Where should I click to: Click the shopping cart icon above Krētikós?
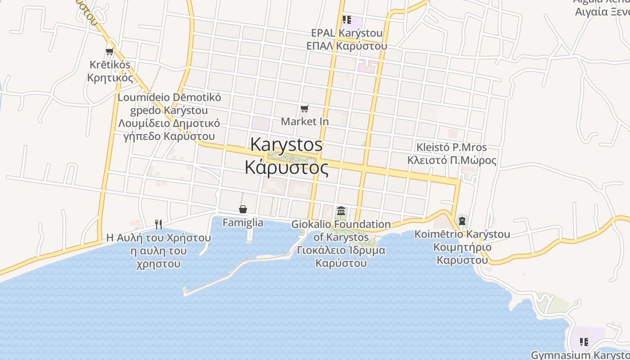(x=109, y=51)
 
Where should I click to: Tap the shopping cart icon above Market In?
(x=305, y=108)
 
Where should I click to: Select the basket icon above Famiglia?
(x=243, y=209)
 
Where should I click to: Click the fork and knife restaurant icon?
(x=158, y=224)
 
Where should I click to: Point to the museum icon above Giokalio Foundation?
(x=341, y=211)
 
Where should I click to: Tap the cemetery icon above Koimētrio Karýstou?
(x=462, y=221)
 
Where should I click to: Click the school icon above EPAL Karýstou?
(x=346, y=19)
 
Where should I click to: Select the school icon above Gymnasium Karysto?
(x=584, y=342)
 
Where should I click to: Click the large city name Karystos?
(x=286, y=144)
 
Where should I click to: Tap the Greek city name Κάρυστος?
(x=286, y=167)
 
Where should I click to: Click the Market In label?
(x=305, y=121)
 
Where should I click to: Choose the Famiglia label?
(x=243, y=222)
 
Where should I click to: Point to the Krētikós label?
(x=110, y=65)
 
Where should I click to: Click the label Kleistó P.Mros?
(x=451, y=148)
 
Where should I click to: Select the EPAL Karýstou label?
(x=346, y=33)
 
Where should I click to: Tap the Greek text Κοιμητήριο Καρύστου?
(x=463, y=254)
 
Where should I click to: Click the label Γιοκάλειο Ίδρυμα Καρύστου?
(x=341, y=256)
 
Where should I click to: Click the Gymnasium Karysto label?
(x=580, y=355)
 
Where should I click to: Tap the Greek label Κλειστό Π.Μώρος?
(x=451, y=161)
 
